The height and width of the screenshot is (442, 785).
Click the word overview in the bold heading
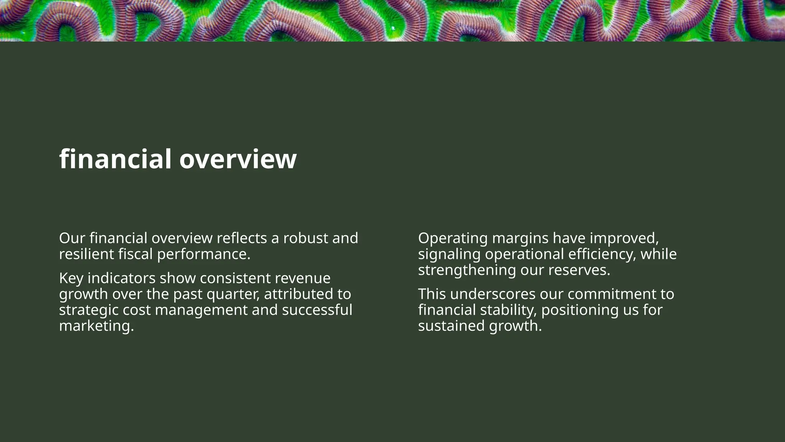tap(238, 159)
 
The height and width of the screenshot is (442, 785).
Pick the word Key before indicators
tap(71, 278)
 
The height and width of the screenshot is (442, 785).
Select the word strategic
tap(89, 310)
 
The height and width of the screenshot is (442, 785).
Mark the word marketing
tap(96, 326)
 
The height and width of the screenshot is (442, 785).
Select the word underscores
tap(493, 294)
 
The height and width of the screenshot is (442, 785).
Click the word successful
tap(317, 310)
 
